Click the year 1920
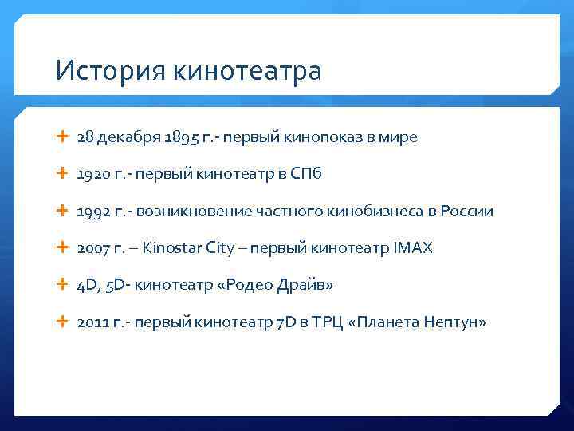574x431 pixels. (92, 174)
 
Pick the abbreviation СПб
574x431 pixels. (305, 174)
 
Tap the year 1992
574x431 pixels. (92, 212)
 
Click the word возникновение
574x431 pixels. (195, 212)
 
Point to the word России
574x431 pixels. (470, 212)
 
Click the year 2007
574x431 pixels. (93, 248)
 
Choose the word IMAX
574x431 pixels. (413, 248)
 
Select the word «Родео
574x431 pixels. (240, 285)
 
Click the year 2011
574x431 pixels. (92, 322)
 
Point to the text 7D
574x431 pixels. (285, 322)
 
